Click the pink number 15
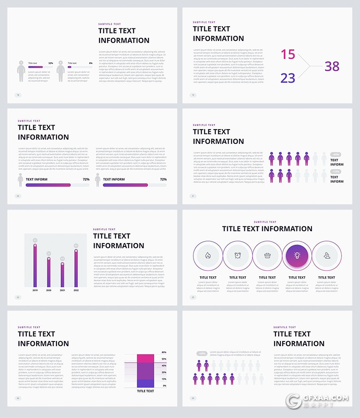tap(288, 55)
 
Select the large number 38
tap(332, 67)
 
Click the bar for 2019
tap(35, 265)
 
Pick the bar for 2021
tap(63, 274)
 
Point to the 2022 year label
tap(76, 291)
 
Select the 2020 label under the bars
tap(49, 291)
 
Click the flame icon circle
tap(208, 256)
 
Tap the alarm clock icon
tap(238, 256)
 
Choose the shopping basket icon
tap(267, 256)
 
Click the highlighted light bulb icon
tap(297, 256)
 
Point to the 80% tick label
tap(164, 352)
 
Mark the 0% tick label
tap(165, 386)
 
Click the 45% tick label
tap(164, 365)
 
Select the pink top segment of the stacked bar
tap(145, 358)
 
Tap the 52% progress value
tap(51, 63)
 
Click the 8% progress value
tap(90, 63)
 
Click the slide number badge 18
tap(18, 95)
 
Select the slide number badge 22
tap(18, 297)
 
